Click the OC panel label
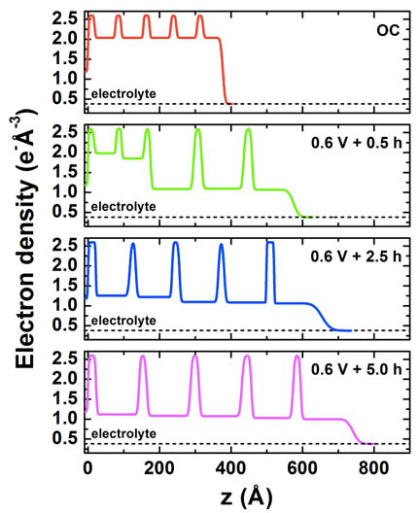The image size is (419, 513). point(388,30)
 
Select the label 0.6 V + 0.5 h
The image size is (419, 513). point(357,143)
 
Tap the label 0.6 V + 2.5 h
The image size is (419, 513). point(356,256)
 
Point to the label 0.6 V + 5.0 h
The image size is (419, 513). point(357,369)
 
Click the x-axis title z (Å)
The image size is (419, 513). point(247,497)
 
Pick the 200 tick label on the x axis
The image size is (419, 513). point(159,468)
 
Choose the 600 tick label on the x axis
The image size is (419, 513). point(302,468)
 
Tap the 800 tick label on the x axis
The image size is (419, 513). point(374,468)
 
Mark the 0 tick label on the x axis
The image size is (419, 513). point(87,468)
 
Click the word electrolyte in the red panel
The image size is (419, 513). point(123,94)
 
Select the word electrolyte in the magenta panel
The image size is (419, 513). point(123,434)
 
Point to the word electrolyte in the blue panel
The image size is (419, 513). point(123,321)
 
